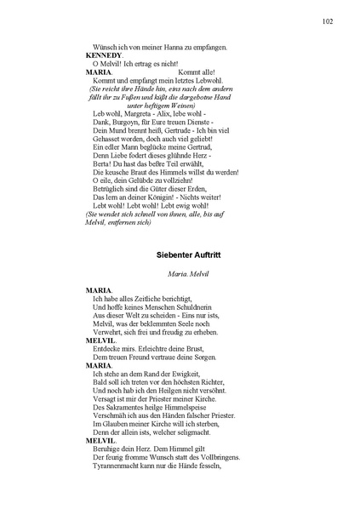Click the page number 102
point(327,20)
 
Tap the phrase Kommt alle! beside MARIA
point(197,71)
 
